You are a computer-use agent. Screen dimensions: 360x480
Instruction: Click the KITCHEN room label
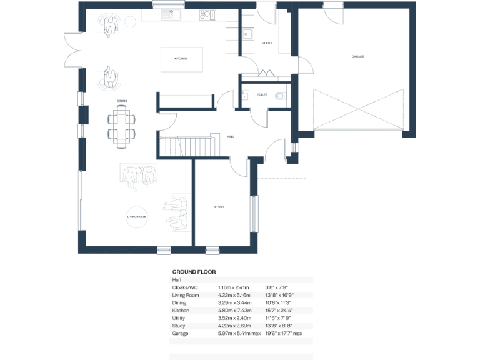tap(181, 59)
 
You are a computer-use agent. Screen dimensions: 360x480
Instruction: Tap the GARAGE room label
tap(357, 56)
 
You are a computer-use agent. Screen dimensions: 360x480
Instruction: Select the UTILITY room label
tap(267, 43)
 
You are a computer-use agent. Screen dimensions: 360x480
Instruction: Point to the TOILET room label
tap(262, 94)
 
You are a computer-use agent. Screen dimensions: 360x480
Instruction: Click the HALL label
tap(231, 136)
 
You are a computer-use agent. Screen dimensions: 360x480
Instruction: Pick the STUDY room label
tap(219, 207)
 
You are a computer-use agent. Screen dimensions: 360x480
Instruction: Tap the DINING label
tap(122, 100)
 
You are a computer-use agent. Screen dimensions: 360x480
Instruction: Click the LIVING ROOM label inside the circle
tap(137, 216)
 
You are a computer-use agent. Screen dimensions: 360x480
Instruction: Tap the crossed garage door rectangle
tap(359, 110)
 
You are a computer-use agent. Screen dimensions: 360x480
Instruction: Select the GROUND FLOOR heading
tap(194, 272)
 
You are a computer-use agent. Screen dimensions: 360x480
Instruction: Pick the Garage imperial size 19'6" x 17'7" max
tap(284, 334)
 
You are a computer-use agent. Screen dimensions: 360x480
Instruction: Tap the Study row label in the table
tap(179, 326)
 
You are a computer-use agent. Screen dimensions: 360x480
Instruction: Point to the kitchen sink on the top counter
tap(171, 14)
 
